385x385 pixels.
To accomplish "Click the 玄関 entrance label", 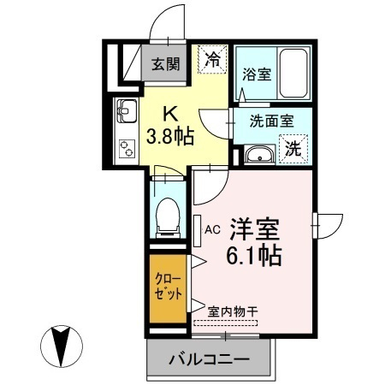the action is coord(166,64).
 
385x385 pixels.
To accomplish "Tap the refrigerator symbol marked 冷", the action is coord(213,60).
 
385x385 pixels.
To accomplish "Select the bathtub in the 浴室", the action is coord(293,74).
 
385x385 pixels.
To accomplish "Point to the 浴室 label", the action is coord(257,74).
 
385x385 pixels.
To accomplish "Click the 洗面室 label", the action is coord(272,121).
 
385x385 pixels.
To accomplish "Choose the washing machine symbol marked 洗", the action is coord(293,149).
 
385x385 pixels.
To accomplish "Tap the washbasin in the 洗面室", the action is coord(259,155).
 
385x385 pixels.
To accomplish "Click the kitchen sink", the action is coord(127,111).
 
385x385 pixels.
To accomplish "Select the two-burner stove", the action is coord(127,149).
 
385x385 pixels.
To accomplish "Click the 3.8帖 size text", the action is coord(170,136).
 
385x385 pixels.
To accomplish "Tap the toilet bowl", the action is coord(168,217).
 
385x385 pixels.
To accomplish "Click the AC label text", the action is coord(212,229).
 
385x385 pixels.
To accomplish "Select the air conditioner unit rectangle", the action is coord(197,231).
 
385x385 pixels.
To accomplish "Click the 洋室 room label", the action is coord(255,229).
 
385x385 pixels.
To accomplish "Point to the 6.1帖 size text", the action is coord(254,255).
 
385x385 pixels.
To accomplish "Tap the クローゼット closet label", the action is coord(168,287).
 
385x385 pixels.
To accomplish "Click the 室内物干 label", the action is coord(233,311).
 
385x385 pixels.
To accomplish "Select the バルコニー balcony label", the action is coord(209,359).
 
